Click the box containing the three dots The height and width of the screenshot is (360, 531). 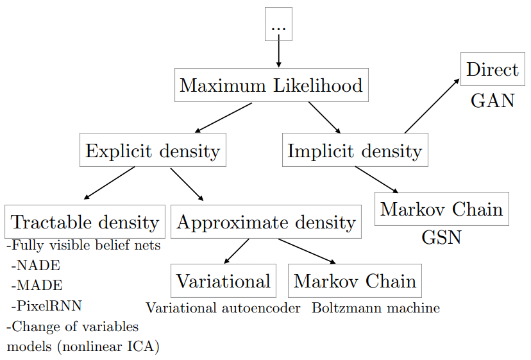[x=278, y=24]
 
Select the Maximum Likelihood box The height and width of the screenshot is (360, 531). [x=271, y=85]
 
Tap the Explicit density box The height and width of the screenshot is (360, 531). [x=153, y=151]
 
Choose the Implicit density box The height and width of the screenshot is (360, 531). [x=355, y=151]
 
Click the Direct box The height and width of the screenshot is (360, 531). [x=493, y=69]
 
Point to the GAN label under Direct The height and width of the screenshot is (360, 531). [x=493, y=101]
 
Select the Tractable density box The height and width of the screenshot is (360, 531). [x=85, y=222]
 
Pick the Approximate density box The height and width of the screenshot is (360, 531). [x=265, y=222]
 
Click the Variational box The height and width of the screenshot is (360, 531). [x=223, y=280]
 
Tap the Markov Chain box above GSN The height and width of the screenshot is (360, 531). [x=441, y=209]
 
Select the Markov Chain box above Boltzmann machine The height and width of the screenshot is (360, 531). [x=355, y=280]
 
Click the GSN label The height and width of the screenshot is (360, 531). [x=441, y=238]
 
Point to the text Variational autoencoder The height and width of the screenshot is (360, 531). [x=223, y=308]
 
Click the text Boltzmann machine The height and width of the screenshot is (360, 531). [x=376, y=308]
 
